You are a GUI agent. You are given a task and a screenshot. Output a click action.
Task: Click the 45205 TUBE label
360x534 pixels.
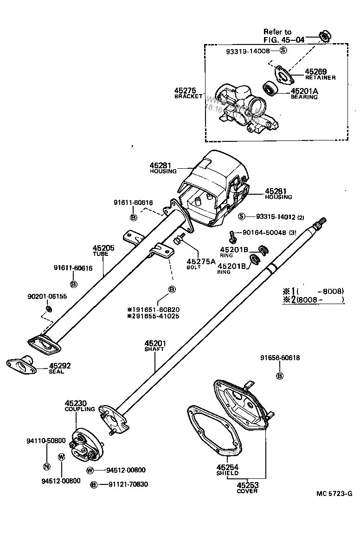click(x=103, y=251)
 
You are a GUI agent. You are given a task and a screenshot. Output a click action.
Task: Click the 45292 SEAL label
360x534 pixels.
click(x=60, y=368)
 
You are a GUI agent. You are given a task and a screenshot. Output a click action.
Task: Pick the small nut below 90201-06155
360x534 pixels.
click(x=49, y=309)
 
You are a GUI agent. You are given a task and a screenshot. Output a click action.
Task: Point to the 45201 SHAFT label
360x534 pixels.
click(x=154, y=346)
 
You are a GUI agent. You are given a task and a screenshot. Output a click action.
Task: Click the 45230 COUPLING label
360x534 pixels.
click(x=79, y=406)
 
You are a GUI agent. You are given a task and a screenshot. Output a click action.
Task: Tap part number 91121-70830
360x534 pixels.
click(x=128, y=484)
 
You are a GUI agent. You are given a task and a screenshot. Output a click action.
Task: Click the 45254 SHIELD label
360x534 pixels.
click(x=227, y=470)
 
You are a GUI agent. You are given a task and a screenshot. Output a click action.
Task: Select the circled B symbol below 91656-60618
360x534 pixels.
click(x=279, y=376)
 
